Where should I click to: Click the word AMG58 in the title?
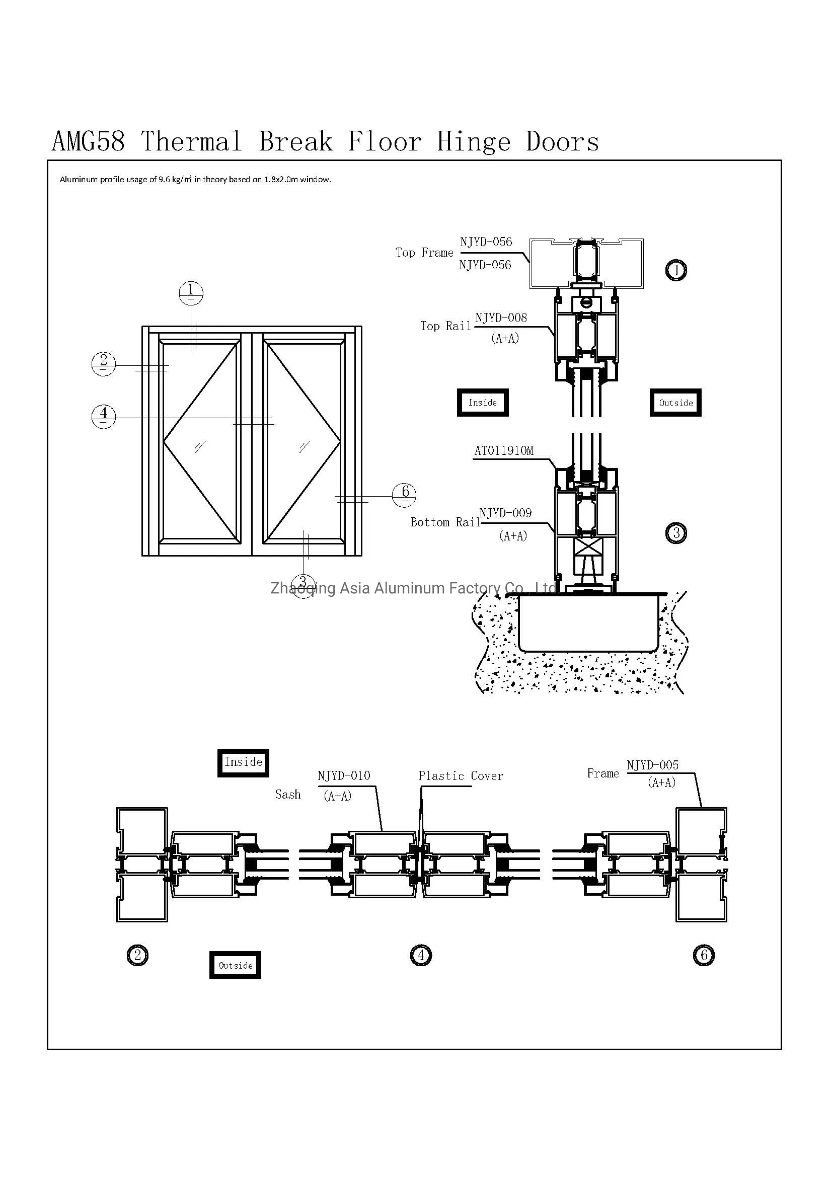tap(88, 141)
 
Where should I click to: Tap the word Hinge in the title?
tap(474, 142)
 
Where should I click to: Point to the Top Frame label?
tap(424, 253)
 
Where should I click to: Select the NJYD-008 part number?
tap(501, 318)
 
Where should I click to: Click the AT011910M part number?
tap(504, 450)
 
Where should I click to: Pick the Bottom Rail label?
tap(445, 522)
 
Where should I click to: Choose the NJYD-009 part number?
tap(505, 513)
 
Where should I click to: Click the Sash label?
tap(287, 795)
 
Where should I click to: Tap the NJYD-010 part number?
tap(344, 776)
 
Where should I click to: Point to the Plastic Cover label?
tap(461, 776)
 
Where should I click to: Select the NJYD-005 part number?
tap(653, 765)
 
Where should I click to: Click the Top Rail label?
tap(445, 326)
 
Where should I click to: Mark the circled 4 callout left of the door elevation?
tap(104, 416)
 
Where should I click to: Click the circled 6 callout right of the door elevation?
tap(404, 495)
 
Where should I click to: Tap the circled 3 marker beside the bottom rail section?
tap(676, 533)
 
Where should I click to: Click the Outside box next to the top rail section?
tap(675, 403)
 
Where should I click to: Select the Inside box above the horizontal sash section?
tap(243, 762)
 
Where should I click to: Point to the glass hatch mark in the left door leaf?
tap(200, 447)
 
